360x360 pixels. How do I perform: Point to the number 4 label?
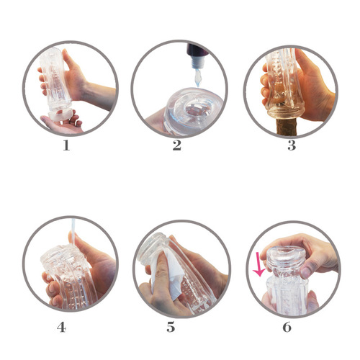[x=62, y=327]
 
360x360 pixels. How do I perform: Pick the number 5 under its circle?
[x=171, y=327]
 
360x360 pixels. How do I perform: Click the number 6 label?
[x=287, y=327]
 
